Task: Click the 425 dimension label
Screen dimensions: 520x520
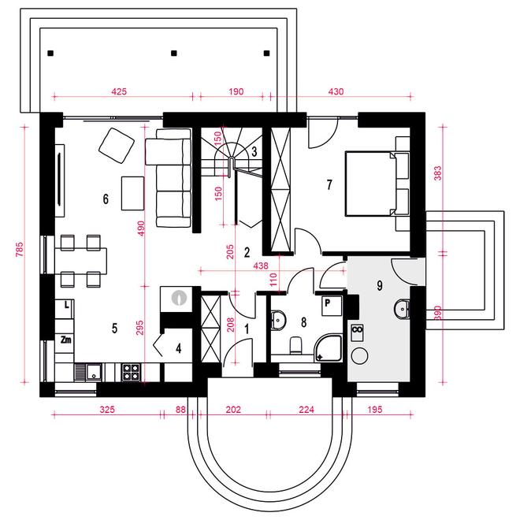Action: [x=119, y=91]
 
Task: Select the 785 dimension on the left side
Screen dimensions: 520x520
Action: [x=20, y=249]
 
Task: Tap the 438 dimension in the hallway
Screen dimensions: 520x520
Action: [x=260, y=266]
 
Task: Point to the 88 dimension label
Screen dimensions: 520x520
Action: [x=180, y=410]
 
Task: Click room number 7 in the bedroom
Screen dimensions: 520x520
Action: [x=329, y=184]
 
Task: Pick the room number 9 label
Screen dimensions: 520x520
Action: [x=380, y=285]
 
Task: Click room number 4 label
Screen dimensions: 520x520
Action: [x=178, y=348]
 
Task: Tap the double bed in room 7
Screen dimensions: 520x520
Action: [x=377, y=184]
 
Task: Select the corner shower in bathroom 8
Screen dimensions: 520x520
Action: [x=328, y=348]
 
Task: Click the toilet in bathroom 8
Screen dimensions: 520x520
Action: [x=295, y=345]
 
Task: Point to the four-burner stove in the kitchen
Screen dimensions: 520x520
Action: [x=131, y=372]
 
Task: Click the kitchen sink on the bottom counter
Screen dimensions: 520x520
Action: [x=89, y=371]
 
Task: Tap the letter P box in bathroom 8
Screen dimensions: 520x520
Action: [x=332, y=306]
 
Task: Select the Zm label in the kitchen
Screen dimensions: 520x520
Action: [x=65, y=340]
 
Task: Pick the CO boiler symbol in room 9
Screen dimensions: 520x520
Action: [x=357, y=333]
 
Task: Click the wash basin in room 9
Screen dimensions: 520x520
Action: [x=402, y=309]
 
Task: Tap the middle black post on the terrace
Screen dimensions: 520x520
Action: [x=174, y=53]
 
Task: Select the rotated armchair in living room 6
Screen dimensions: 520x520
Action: [x=117, y=146]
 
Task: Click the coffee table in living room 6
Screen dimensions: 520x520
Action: [x=132, y=193]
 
